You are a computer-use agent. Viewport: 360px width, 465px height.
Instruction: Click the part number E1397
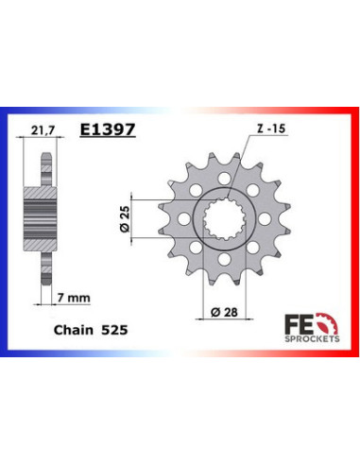[108, 129]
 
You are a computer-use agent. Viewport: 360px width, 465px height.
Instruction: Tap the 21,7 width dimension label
[43, 130]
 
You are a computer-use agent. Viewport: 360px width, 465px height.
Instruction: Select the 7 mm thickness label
[74, 298]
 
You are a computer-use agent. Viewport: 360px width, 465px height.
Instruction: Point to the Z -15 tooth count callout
[271, 129]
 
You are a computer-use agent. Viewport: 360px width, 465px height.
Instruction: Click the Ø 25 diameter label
[125, 219]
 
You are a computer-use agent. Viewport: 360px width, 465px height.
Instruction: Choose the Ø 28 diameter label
[224, 312]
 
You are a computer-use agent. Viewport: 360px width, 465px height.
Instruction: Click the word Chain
[74, 330]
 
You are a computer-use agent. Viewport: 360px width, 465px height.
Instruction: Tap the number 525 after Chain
[114, 330]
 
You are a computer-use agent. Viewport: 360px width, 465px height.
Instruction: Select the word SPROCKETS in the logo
[312, 339]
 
